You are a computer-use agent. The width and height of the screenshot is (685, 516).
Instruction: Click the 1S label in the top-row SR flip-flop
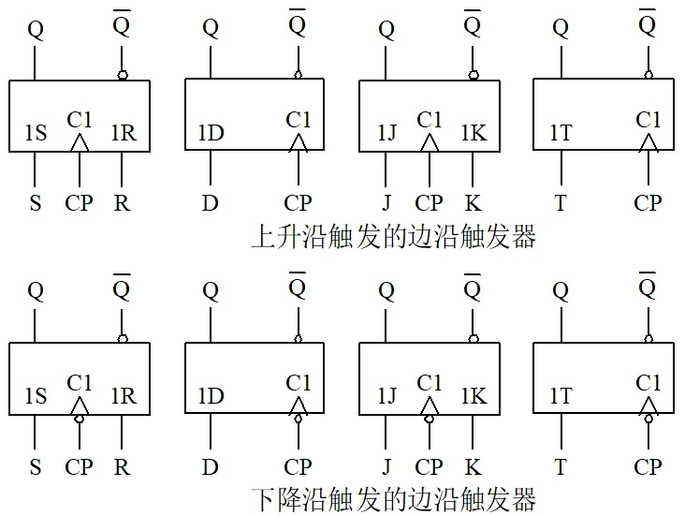click(36, 132)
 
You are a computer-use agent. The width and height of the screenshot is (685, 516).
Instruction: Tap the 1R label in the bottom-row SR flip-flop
click(124, 396)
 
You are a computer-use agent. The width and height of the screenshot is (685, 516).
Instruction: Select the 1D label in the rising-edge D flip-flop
click(211, 132)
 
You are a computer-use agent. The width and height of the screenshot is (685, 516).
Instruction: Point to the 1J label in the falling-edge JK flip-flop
click(387, 396)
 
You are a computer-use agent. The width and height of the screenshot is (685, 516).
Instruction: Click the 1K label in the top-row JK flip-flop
click(474, 132)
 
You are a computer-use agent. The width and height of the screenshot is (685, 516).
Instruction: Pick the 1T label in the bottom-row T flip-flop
click(561, 396)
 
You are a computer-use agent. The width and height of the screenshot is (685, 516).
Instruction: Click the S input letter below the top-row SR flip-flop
click(36, 203)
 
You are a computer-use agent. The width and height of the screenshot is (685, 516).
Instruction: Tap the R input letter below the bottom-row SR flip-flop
click(122, 467)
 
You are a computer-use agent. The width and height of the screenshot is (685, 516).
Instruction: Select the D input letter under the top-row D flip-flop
click(211, 203)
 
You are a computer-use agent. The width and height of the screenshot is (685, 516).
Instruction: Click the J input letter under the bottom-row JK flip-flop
click(386, 467)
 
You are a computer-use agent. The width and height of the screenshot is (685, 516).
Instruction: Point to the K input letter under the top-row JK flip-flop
click(474, 203)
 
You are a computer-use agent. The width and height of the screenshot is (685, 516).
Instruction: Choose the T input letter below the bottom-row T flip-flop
click(561, 467)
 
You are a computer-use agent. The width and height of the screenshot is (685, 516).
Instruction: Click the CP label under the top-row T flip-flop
click(648, 203)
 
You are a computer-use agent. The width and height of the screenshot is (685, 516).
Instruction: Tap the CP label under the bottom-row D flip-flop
click(298, 467)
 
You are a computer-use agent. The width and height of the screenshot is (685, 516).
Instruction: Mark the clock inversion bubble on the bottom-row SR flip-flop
click(80, 419)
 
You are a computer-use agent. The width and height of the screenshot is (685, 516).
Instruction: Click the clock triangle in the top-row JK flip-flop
click(430, 143)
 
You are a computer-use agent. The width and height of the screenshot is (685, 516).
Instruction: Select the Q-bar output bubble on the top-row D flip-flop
click(299, 75)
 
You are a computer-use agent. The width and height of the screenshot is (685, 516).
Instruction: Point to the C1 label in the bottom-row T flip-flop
click(648, 383)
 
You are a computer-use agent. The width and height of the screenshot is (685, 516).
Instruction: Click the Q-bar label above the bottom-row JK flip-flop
click(473, 287)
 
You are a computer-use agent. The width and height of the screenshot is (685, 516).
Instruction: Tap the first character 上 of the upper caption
click(264, 237)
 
